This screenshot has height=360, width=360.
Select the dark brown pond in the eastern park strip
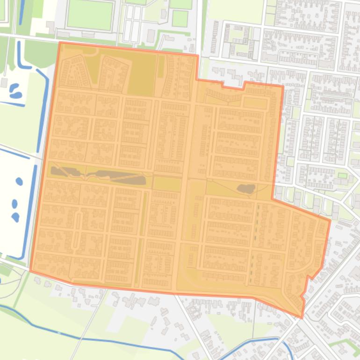pyautogui.click(x=246, y=189)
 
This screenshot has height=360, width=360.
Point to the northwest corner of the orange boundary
pyautogui.click(x=60, y=43)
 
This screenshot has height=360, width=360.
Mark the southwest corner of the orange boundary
pyautogui.click(x=30, y=271)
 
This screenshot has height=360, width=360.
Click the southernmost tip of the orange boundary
pyautogui.click(x=302, y=318)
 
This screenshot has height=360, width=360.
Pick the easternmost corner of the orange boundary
pyautogui.click(x=330, y=220)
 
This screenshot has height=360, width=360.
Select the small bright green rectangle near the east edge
pyautogui.click(x=343, y=175)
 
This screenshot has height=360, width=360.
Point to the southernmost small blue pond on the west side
pyautogui.click(x=16, y=217)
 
